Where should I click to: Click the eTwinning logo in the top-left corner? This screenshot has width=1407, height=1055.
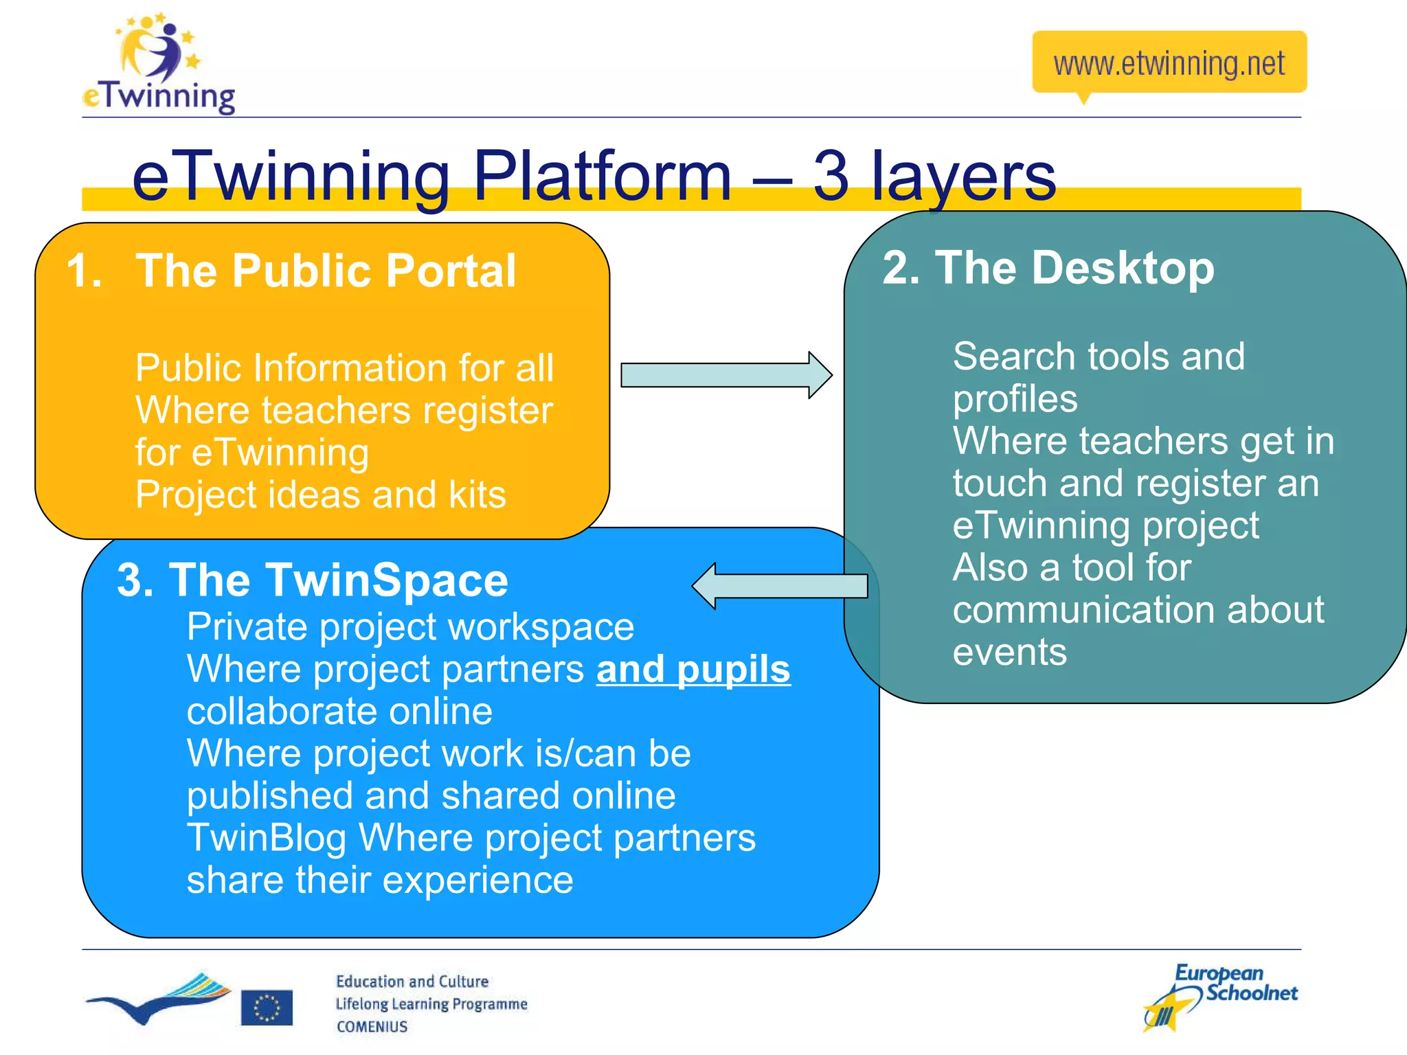pyautogui.click(x=159, y=65)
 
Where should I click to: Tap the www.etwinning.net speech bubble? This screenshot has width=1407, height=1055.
pyautogui.click(x=1169, y=63)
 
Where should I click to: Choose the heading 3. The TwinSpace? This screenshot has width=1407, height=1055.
pyautogui.click(x=313, y=580)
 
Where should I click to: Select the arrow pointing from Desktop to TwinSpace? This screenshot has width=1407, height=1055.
pyautogui.click(x=780, y=586)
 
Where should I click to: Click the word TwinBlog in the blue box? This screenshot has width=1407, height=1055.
pyautogui.click(x=267, y=838)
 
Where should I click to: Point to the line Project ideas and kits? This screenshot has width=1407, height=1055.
pyautogui.click(x=320, y=495)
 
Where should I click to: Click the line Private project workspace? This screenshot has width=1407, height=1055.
pyautogui.click(x=410, y=626)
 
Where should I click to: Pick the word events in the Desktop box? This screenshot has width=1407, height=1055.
pyautogui.click(x=1009, y=652)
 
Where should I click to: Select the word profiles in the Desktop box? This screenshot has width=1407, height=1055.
pyautogui.click(x=1015, y=399)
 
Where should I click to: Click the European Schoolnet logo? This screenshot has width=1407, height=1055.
pyautogui.click(x=1220, y=996)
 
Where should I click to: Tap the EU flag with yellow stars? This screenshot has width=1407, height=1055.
pyautogui.click(x=267, y=1008)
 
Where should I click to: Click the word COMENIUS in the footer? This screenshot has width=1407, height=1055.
pyautogui.click(x=372, y=1027)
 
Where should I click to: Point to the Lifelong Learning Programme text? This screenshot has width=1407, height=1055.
pyautogui.click(x=431, y=1004)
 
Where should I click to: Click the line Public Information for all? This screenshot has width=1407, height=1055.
pyautogui.click(x=344, y=368)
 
